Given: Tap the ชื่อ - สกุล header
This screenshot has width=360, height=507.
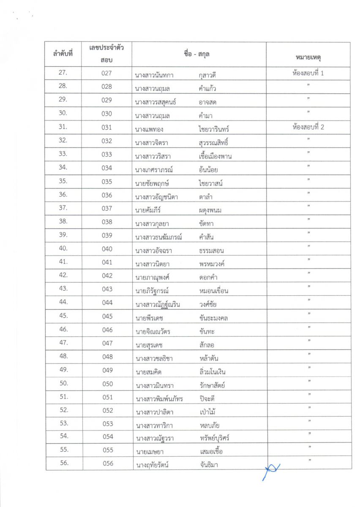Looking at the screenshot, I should [x=198, y=55].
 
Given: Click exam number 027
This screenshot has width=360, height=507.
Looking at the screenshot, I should [x=107, y=73].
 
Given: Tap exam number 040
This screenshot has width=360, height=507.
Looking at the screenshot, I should [x=107, y=249].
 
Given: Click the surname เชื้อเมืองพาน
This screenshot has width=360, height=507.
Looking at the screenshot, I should [x=215, y=156].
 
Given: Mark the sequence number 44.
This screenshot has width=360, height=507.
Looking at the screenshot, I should [x=64, y=303].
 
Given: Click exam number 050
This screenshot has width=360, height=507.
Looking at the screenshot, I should [x=107, y=384].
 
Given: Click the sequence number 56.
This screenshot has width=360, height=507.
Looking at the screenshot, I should [x=64, y=463].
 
